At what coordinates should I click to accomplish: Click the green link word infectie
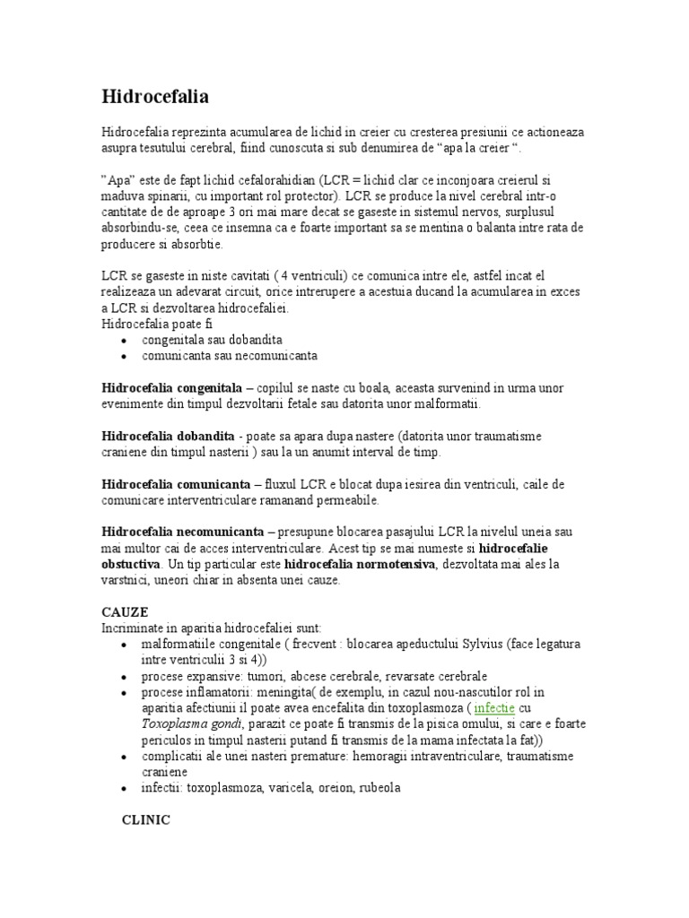pos(494,707)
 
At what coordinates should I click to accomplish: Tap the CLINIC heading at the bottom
pos(145,819)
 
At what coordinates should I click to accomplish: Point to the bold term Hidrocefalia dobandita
pos(168,436)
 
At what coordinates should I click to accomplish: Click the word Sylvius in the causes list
pos(484,644)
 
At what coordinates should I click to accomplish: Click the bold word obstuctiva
pos(131,564)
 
